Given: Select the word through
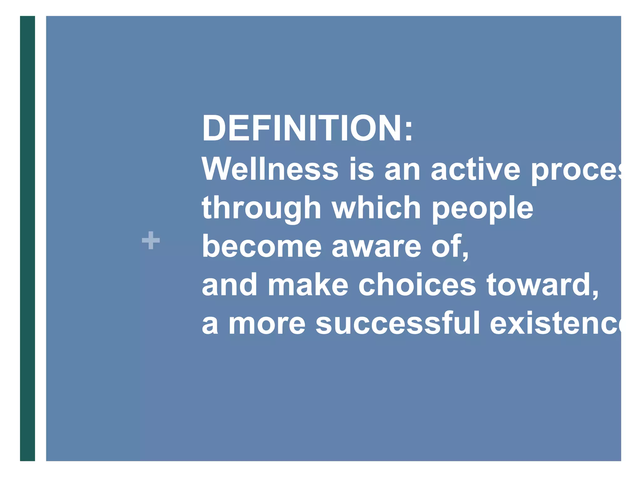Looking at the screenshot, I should click(x=261, y=208).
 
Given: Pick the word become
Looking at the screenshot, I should click(x=261, y=246).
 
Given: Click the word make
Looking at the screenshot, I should click(x=308, y=285).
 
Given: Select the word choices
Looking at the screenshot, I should click(x=417, y=285).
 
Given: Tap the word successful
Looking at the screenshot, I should click(x=397, y=323).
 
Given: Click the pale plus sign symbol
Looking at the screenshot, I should click(x=151, y=240).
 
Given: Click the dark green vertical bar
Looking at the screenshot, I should click(x=28, y=238).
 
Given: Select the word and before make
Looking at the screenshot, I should click(x=229, y=285).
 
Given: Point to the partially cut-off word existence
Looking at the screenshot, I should click(x=554, y=323).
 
